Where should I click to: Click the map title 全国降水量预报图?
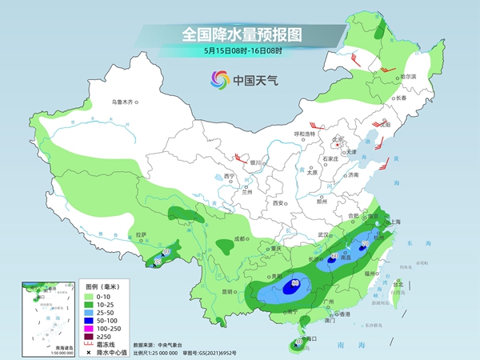(x=240, y=35)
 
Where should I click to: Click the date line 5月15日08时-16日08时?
(x=240, y=51)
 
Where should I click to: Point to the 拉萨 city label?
(x=141, y=234)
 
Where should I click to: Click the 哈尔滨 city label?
(x=410, y=76)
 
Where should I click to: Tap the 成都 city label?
(x=239, y=238)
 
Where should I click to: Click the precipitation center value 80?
(x=296, y=282)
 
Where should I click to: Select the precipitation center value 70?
(x=365, y=244)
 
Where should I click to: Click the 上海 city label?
(x=394, y=222)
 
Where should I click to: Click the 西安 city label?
(x=279, y=204)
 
